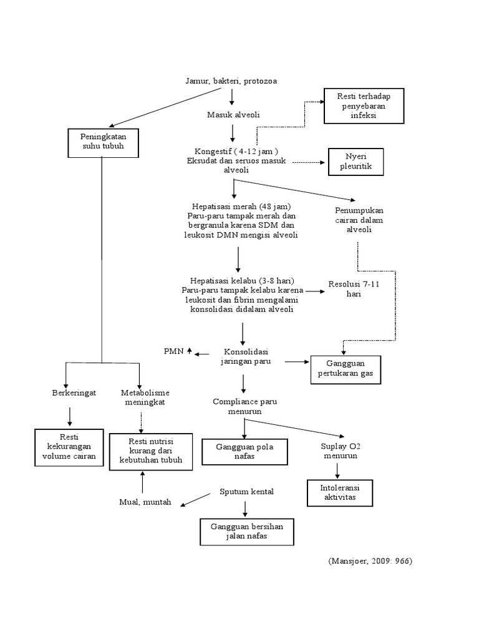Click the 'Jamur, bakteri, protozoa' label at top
231,81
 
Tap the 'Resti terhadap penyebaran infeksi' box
364,106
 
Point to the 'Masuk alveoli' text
233,115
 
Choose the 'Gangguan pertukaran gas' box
345,369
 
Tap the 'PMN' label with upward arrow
177,352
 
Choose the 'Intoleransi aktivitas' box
340,492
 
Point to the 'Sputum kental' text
246,492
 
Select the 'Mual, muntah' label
145,502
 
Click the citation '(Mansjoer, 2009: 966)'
370,561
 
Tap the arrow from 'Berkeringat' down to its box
70,414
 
